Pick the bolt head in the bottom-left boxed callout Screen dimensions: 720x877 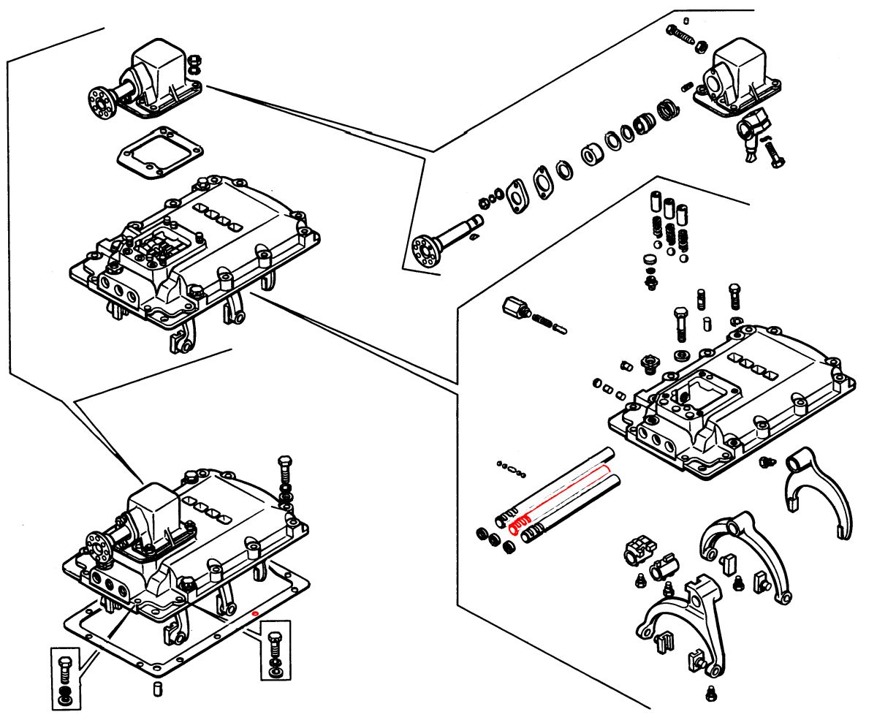64,665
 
